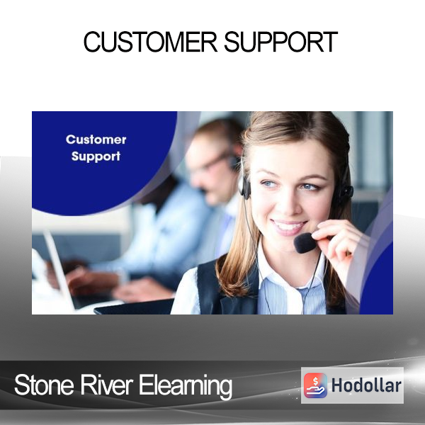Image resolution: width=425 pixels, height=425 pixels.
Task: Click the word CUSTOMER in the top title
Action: [150, 42]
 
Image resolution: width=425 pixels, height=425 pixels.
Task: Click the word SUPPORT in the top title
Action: [280, 42]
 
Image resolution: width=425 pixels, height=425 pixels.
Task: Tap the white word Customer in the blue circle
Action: [96, 140]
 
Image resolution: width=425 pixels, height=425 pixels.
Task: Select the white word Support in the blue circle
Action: [96, 157]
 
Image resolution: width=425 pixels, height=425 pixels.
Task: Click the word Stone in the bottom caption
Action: [44, 385]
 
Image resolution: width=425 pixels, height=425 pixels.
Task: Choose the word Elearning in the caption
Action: [186, 386]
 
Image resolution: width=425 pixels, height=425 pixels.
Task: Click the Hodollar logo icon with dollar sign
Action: [315, 385]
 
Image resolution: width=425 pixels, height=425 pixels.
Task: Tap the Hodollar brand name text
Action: [366, 385]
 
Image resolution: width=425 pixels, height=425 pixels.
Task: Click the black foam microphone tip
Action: [305, 243]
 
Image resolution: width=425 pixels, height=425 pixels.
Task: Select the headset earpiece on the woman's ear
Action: [245, 187]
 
